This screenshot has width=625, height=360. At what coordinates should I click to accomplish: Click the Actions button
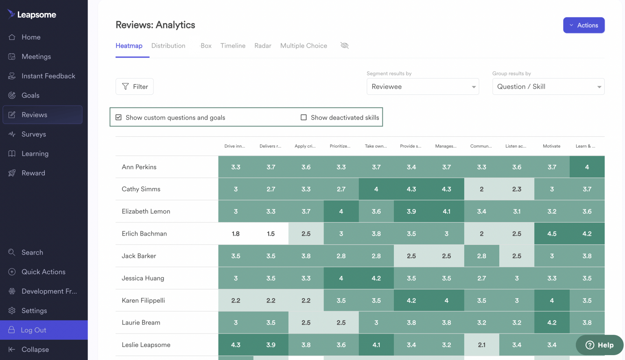pos(583,25)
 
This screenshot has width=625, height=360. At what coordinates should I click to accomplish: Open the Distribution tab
pos(168,46)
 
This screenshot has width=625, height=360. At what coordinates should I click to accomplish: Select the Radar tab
pos(262,46)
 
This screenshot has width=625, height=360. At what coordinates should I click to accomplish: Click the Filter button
pos(135,87)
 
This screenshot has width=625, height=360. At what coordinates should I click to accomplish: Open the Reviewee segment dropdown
pos(422,87)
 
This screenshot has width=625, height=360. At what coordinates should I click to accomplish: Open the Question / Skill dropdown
pos(548,87)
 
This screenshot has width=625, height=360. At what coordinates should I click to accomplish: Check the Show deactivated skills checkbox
pos(304,118)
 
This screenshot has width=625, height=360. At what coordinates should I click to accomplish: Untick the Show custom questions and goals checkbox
pos(119,118)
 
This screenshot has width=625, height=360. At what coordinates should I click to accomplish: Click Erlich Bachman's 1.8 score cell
pos(236,233)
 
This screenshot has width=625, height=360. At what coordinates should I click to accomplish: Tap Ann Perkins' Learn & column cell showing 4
pos(587,167)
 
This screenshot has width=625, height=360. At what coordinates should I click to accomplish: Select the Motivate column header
pos(551,146)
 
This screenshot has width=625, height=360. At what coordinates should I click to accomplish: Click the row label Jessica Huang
pos(143,278)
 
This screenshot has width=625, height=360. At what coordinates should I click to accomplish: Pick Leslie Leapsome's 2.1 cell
pos(481,345)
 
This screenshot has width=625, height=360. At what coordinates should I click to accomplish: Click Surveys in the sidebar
pos(34,134)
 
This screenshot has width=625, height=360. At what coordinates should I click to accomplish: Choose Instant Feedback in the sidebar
pos(48,76)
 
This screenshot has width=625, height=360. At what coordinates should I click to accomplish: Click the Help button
pos(599,345)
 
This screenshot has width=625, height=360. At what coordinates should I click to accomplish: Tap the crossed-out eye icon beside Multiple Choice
pos(345,46)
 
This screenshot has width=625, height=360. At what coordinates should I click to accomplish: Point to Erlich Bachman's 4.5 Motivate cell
pos(551,233)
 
